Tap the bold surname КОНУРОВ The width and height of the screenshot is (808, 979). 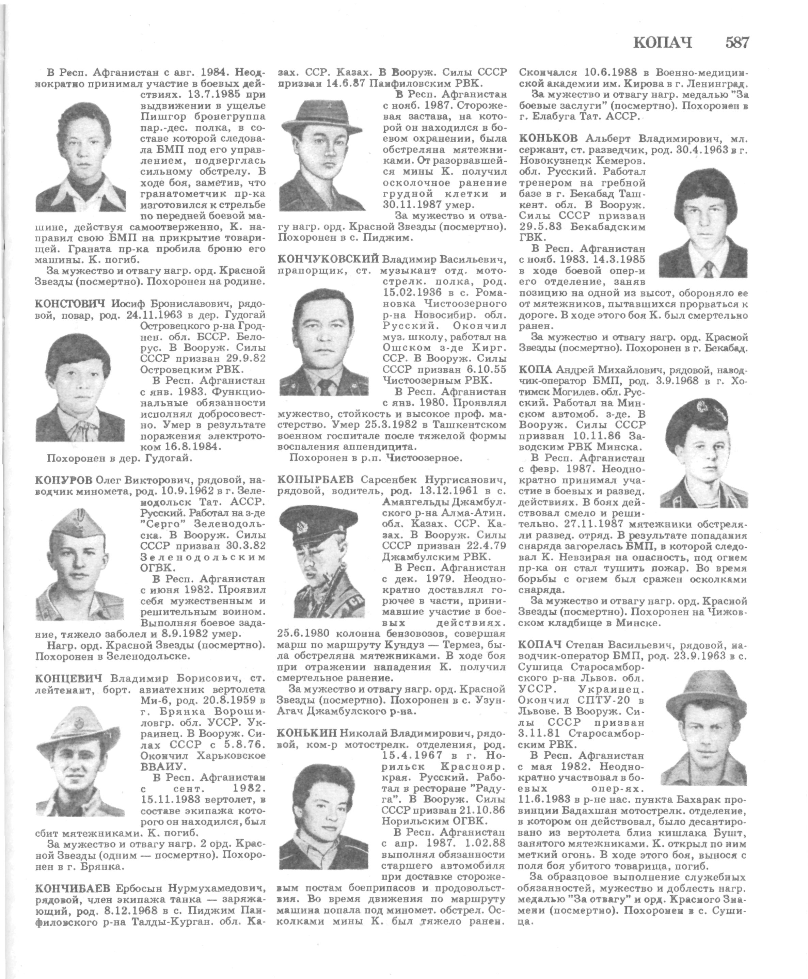click(64, 480)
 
